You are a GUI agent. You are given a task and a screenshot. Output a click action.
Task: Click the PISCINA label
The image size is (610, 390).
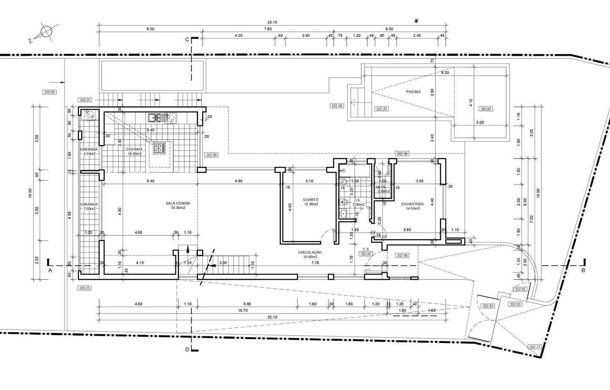tap(413, 92)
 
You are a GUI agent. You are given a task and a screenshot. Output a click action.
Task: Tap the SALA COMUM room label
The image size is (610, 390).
tap(178, 203)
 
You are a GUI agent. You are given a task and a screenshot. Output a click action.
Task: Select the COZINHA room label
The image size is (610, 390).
tap(133, 149)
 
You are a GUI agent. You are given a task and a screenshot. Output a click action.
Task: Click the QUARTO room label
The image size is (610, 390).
tap(311, 200)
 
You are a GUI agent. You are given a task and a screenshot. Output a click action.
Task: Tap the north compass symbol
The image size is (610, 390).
tap(45, 32)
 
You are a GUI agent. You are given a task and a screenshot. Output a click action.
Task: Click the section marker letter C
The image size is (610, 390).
tap(187, 39)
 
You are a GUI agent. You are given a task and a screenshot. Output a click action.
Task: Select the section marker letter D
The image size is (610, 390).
tap(187, 349)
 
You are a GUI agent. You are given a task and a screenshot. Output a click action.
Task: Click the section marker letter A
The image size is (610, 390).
tap(50, 269)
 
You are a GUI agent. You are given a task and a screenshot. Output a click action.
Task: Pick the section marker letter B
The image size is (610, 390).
tap(583, 270)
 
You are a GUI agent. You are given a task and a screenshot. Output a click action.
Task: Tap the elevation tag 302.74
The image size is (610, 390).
tap(535, 346)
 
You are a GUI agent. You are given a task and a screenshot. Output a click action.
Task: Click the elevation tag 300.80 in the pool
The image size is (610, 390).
tap(485, 109)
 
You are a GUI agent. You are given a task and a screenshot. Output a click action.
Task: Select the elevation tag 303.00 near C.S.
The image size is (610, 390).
tap(366, 254)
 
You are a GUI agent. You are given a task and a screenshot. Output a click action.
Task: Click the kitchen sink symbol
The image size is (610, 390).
tap(153, 118)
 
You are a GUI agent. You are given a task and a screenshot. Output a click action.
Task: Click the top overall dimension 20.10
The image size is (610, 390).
tap(272, 22)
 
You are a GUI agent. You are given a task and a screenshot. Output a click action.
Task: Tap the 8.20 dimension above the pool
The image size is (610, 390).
tap(445, 73)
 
